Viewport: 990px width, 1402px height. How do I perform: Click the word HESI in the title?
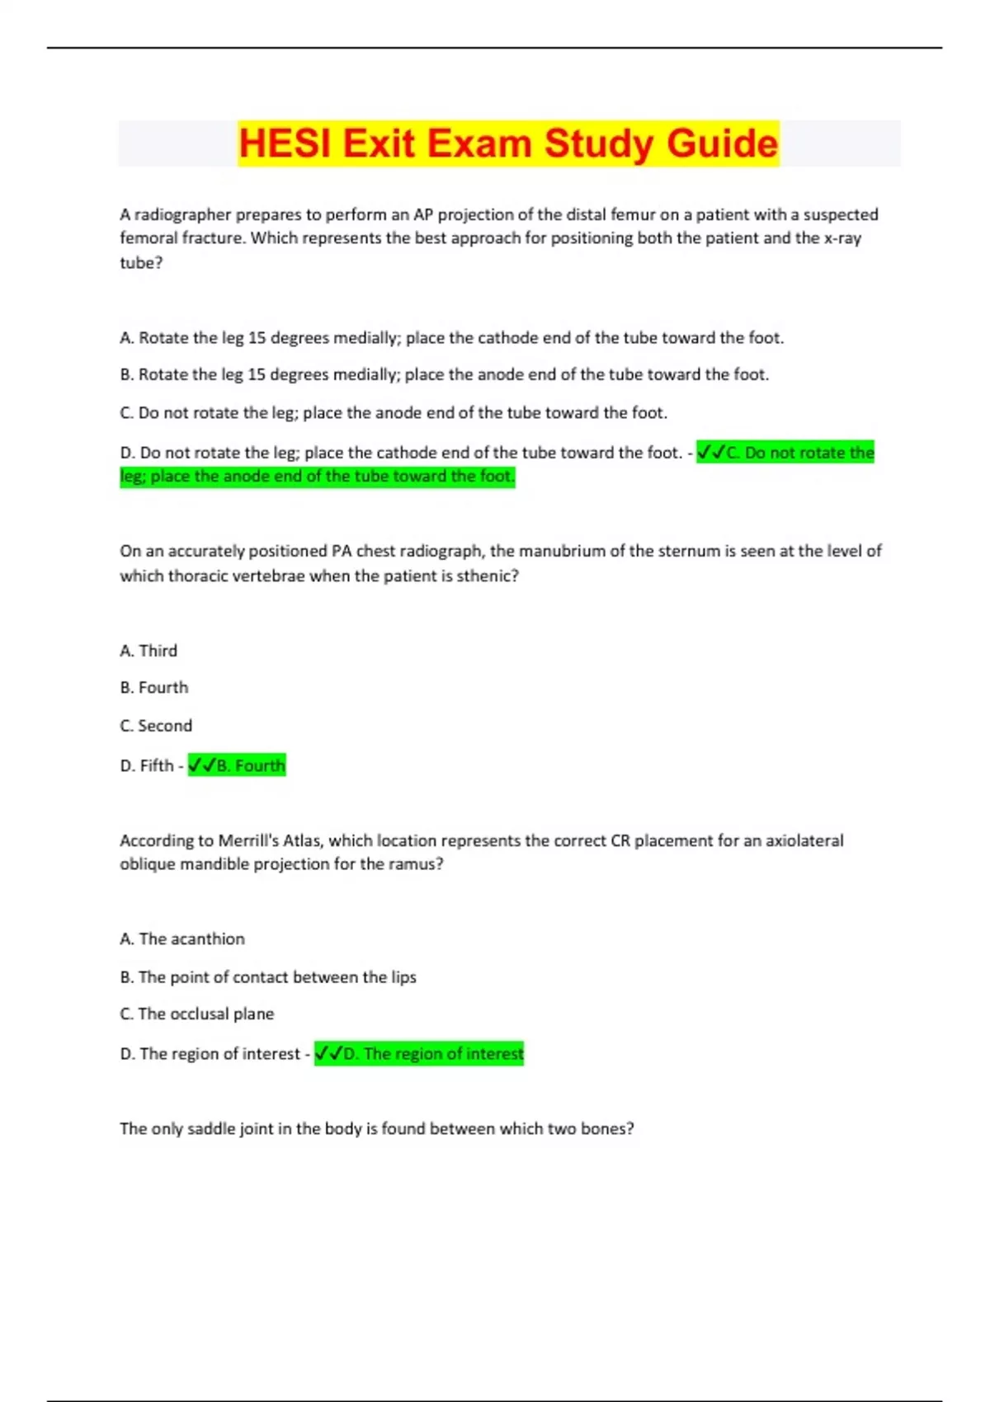[x=285, y=143]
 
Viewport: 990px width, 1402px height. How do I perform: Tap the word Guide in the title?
[x=722, y=143]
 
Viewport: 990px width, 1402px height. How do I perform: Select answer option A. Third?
[x=148, y=651]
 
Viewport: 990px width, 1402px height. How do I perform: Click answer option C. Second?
[x=156, y=726]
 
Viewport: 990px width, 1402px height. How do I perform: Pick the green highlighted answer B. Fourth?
[x=237, y=765]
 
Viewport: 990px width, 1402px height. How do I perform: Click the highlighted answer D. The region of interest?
[x=419, y=1053]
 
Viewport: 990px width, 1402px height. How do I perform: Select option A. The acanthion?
[x=182, y=939]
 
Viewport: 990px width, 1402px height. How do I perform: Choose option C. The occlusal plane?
[x=197, y=1014]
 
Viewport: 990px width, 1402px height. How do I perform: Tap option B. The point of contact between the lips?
[x=268, y=976]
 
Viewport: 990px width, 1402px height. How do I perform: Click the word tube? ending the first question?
[x=141, y=263]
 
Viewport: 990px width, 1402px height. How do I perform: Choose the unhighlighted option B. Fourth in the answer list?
[x=154, y=688]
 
